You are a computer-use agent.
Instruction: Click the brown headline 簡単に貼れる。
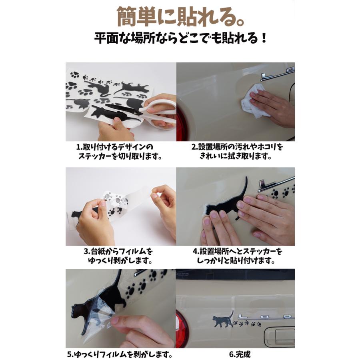click(180, 17)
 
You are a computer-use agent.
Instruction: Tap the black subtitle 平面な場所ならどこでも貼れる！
click(180, 38)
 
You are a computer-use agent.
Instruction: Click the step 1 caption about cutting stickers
click(119, 152)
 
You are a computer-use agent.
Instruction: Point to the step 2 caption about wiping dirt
click(237, 152)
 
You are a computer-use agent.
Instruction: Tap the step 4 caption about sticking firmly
click(237, 256)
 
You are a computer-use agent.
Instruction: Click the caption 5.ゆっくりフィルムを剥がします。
click(120, 354)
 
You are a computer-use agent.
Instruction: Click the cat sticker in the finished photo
click(223, 319)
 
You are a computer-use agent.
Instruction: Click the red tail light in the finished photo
click(181, 326)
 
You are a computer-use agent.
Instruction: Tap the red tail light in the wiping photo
click(182, 124)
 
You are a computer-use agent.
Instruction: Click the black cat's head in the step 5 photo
click(77, 310)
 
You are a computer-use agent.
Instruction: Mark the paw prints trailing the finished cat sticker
click(247, 324)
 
